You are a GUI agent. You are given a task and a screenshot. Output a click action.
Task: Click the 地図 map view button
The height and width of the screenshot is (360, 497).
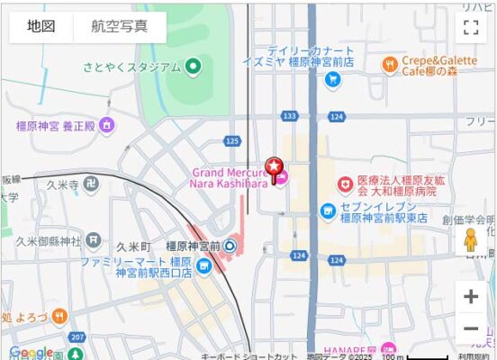pyautogui.click(x=41, y=27)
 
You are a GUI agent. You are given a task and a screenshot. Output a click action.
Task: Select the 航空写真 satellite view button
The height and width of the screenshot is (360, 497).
pyautogui.click(x=120, y=27)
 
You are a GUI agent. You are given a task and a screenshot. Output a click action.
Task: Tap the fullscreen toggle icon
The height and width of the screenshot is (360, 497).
pyautogui.click(x=470, y=27)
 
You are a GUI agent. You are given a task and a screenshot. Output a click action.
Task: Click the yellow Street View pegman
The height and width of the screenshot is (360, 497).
pyautogui.click(x=470, y=241)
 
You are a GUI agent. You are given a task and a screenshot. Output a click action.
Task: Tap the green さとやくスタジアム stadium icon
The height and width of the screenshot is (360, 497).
pyautogui.click(x=193, y=67)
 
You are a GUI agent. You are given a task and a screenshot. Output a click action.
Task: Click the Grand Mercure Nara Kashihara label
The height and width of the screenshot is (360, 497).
pyautogui.click(x=229, y=177)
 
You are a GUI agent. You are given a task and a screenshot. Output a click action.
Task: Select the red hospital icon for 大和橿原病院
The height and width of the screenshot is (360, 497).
pyautogui.click(x=345, y=184)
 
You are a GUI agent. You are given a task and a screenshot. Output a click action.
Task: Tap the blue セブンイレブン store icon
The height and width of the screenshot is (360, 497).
pyautogui.click(x=328, y=211)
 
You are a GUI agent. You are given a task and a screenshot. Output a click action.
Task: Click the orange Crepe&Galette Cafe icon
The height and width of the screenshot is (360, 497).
pyautogui.click(x=390, y=64)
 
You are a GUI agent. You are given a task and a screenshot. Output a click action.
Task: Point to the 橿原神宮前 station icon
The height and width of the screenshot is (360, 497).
pyautogui.click(x=230, y=245)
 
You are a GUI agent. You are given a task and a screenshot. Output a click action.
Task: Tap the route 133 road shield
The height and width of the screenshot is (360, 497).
pyautogui.click(x=289, y=116)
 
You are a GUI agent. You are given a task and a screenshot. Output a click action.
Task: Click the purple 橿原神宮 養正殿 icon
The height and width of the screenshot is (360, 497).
pyautogui.click(x=107, y=125)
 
